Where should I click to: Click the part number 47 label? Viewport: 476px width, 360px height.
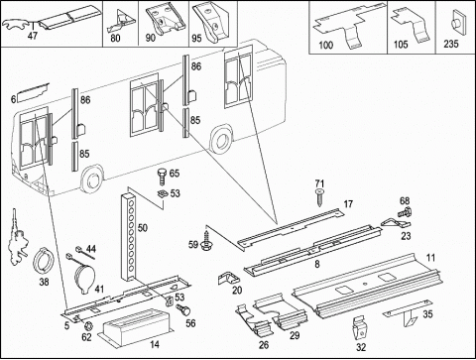(x=33, y=36)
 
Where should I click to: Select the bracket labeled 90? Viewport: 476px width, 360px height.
(x=166, y=21)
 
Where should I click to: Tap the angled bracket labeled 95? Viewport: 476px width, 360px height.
(x=210, y=23)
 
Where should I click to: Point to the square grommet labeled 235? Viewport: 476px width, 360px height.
(x=455, y=22)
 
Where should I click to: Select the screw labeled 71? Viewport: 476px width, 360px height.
(x=319, y=197)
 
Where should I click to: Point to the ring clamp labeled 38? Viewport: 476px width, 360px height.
(x=44, y=261)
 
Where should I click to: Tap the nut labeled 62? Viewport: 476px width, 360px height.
(x=89, y=328)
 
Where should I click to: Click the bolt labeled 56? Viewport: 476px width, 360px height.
(x=183, y=309)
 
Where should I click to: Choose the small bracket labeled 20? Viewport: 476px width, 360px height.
(x=229, y=279)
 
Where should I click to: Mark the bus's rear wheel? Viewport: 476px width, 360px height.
(x=221, y=140)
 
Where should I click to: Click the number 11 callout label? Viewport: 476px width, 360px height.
(x=430, y=258)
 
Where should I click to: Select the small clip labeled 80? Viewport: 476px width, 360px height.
(x=121, y=21)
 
